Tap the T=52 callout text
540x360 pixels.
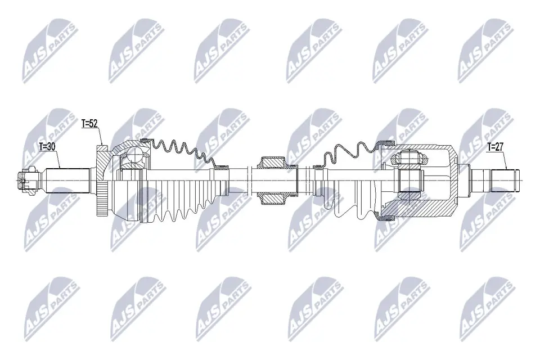(x=90, y=124)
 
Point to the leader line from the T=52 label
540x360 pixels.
(x=101, y=136)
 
